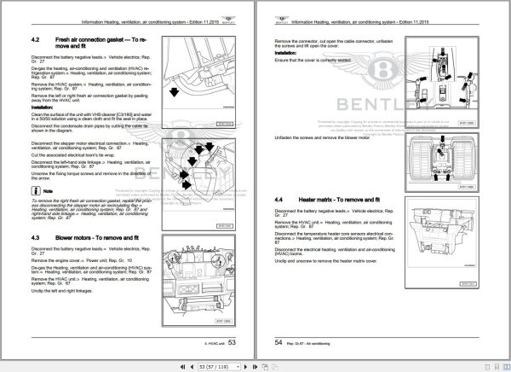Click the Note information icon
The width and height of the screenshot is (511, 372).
pyautogui.click(x=39, y=193)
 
